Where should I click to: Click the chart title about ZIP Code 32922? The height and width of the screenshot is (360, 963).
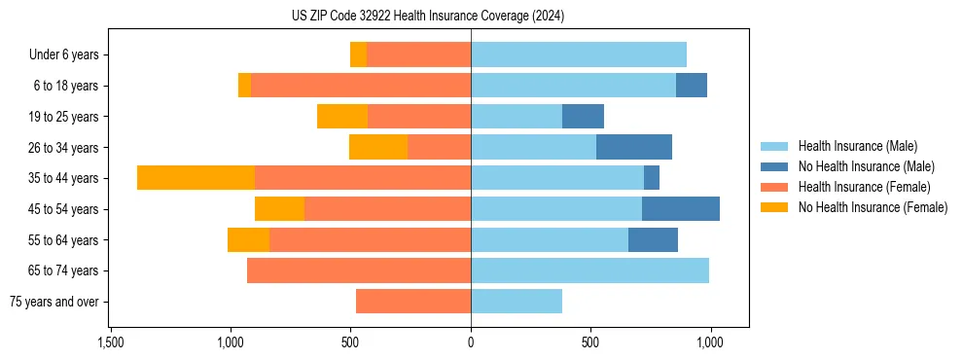click(x=427, y=17)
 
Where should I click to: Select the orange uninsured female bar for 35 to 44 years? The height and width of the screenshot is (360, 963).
click(x=196, y=178)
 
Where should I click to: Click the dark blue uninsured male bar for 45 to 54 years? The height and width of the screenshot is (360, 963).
click(x=680, y=209)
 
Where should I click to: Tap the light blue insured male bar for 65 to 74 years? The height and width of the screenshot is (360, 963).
click(x=589, y=270)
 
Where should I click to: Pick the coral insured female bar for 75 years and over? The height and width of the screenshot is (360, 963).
click(x=413, y=302)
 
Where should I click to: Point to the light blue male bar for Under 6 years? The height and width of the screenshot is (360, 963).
click(x=578, y=55)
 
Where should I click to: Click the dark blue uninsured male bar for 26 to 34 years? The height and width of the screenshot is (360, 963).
click(x=633, y=148)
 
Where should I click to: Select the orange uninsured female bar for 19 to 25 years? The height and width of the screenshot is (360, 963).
click(x=342, y=117)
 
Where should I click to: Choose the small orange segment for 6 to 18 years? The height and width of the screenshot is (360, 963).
click(x=244, y=86)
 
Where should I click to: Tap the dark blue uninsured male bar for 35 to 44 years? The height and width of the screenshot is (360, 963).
click(x=652, y=178)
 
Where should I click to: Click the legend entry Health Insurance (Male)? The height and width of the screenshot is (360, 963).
click(x=857, y=146)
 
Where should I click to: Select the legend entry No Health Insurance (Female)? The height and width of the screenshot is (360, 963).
click(x=873, y=207)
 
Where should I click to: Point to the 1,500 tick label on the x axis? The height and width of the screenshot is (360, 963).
click(x=111, y=342)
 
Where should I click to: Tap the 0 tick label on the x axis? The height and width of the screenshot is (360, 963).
click(x=471, y=342)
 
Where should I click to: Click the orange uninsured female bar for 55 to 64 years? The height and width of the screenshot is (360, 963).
click(x=248, y=240)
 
